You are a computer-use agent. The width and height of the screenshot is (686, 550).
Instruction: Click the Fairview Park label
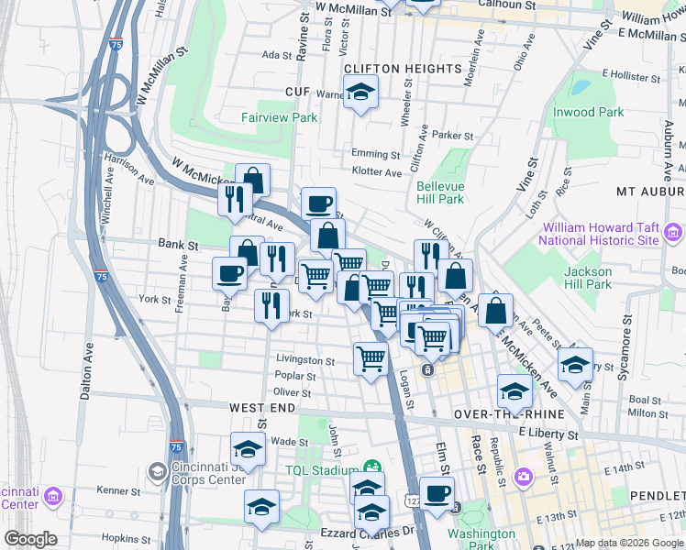point(279,117)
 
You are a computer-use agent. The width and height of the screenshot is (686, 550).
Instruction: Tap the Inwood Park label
point(588,112)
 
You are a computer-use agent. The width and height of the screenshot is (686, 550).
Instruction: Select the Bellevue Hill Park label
point(440,192)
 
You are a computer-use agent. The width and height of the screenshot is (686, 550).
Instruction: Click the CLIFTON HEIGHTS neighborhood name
point(402,69)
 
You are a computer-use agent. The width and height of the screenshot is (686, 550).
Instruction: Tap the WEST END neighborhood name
point(261,406)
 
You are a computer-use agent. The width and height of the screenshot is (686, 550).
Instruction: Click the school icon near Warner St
point(361,92)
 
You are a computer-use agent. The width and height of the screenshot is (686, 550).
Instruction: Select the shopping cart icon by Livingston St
point(371,358)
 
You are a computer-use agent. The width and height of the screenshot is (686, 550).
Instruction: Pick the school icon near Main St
point(575,364)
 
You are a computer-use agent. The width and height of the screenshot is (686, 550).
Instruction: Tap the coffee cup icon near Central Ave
point(318,203)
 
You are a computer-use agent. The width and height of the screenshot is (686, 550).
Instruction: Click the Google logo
point(31,539)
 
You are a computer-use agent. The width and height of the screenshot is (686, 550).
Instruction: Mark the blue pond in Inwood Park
point(580,89)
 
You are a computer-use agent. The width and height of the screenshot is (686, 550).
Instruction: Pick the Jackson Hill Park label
point(588,278)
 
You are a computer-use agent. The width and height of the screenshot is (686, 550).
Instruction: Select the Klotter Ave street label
point(376,171)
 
